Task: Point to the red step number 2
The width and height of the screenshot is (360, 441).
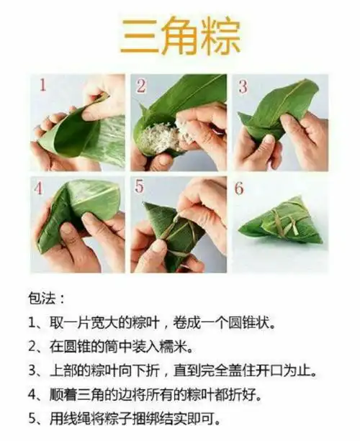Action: pyautogui.click(x=142, y=86)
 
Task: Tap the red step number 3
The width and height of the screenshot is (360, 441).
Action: pyautogui.click(x=243, y=86)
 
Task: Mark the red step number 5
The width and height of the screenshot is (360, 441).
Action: pyautogui.click(x=142, y=188)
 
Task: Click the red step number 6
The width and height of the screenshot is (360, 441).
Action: pyautogui.click(x=242, y=188)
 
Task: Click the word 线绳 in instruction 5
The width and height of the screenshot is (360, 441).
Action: pyautogui.click(x=73, y=419)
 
